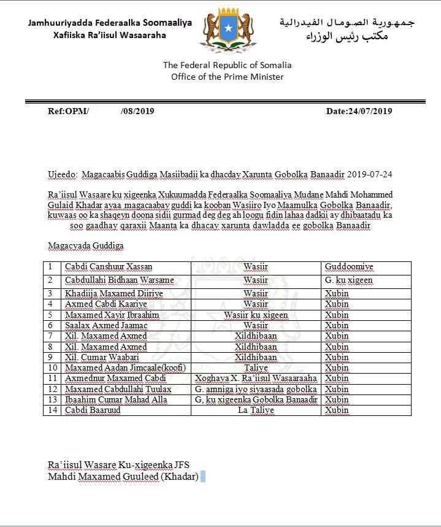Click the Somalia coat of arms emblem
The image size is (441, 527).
[228, 29]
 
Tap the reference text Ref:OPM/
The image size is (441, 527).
[68, 111]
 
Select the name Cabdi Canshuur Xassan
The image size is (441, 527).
[109, 267]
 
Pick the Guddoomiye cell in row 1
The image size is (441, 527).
[349, 267]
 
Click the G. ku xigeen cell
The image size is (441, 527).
[348, 280]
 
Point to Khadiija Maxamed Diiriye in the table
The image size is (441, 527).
[114, 293]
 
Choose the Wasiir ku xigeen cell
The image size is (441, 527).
[256, 315]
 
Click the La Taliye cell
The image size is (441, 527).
[256, 410]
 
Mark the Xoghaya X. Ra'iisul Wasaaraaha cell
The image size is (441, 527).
[256, 378]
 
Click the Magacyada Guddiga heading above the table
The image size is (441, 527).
[86, 245]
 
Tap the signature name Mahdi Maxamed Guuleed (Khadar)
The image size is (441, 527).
[123, 475]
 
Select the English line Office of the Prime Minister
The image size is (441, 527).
[228, 77]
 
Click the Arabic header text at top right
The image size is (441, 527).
[347, 29]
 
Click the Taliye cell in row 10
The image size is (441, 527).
[256, 367]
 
